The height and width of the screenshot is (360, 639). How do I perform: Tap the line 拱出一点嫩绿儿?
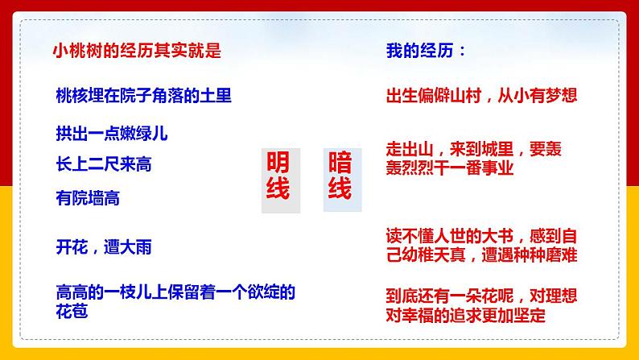click(x=111, y=133)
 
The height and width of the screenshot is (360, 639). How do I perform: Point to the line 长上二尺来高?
click(x=104, y=164)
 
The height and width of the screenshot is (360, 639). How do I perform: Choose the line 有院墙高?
click(x=88, y=197)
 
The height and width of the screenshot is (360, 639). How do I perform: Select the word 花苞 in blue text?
click(x=72, y=310)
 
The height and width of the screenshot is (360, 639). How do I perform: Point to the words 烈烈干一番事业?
click(x=457, y=168)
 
